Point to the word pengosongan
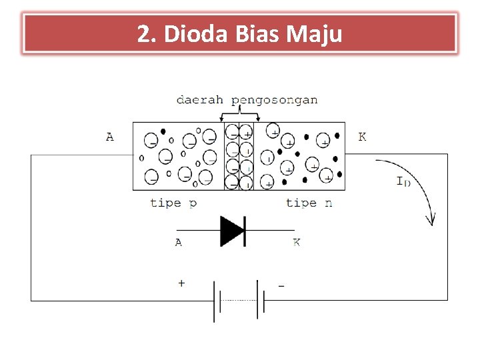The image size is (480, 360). click(275, 101)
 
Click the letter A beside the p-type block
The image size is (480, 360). click(110, 137)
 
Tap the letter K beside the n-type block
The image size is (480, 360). click(362, 137)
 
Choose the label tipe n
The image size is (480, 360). click(309, 203)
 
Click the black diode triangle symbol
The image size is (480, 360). click(233, 230)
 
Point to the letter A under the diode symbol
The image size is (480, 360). click(179, 243)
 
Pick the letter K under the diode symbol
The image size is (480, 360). click(296, 243)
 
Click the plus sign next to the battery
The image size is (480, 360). click(181, 283)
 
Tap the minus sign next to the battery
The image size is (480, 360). click(281, 285)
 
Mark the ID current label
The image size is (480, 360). click(403, 181)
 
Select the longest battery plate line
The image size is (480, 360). click(215, 300)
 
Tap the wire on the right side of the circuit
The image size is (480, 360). click(448, 227)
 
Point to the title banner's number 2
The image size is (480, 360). click(143, 33)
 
